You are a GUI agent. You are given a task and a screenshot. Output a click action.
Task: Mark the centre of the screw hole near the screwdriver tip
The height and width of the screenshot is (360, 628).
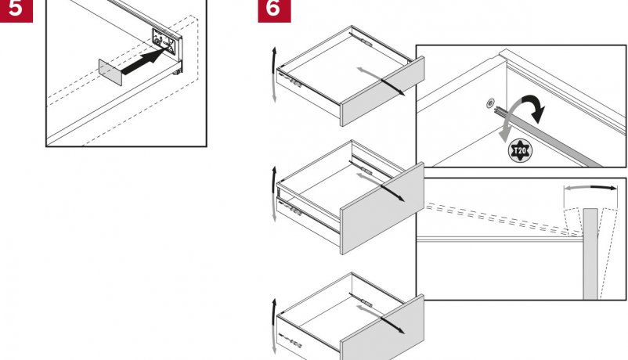490,104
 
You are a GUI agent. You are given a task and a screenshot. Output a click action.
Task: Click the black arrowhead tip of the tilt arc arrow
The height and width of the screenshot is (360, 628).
617,188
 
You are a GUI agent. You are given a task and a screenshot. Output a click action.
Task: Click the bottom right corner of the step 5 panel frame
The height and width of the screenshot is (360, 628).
207,146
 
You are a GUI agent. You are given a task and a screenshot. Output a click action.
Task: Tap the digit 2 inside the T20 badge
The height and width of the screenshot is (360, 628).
519,151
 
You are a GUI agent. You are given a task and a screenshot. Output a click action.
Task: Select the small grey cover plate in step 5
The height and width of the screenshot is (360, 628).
110,72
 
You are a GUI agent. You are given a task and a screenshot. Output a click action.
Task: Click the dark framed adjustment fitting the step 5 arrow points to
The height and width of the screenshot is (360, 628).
164,41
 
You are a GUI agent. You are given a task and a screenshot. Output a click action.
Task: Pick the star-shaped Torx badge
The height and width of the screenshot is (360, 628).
520,151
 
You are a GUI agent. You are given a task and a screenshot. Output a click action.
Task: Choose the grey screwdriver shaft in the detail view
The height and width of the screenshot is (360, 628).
554,136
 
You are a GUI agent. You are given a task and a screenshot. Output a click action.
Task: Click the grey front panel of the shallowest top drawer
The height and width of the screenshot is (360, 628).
382,92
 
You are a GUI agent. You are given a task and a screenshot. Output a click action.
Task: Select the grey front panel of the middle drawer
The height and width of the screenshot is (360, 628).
382,209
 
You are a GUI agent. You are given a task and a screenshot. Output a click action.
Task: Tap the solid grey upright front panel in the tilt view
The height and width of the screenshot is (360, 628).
590,254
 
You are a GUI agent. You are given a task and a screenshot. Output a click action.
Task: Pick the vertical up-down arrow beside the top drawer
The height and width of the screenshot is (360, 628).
274,74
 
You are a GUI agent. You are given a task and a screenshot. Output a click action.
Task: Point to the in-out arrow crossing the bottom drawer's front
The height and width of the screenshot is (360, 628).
380,319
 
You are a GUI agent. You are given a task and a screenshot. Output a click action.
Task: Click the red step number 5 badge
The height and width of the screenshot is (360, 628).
16,9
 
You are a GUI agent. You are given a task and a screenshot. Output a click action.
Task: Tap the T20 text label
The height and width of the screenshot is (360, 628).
520,151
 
